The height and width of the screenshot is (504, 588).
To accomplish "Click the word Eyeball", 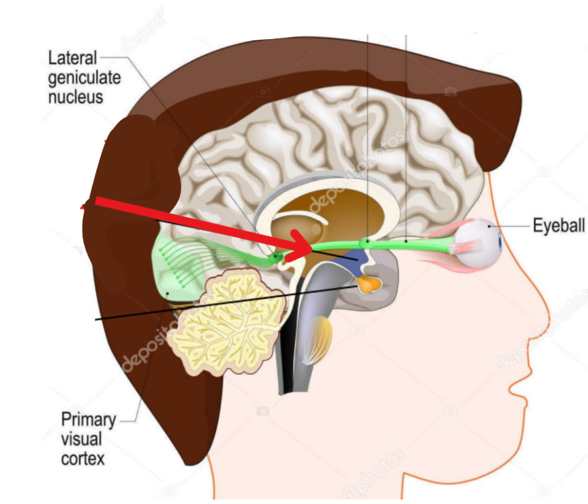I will click(x=558, y=225).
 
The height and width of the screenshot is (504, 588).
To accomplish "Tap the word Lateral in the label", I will click(x=73, y=59).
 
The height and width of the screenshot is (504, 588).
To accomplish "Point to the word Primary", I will click(x=88, y=420).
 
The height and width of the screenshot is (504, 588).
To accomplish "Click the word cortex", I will click(x=82, y=459).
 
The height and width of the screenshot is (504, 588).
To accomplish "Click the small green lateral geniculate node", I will click(x=275, y=256).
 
